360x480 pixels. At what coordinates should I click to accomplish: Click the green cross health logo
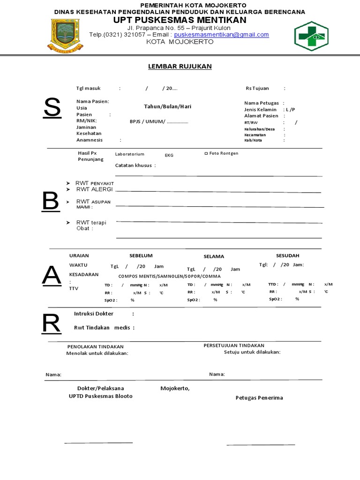coord(312,36)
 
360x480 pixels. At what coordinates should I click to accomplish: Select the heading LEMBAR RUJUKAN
coord(180,67)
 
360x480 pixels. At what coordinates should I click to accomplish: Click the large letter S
coord(52,108)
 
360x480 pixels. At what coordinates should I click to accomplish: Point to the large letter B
coord(50,201)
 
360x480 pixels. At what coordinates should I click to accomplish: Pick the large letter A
coord(51,276)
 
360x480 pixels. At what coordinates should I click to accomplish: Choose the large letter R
coord(51,323)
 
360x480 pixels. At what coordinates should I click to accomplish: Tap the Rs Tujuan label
coord(258,88)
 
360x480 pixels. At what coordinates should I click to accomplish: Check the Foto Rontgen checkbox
coord(206,153)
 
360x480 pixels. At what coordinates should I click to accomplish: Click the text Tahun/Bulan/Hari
coord(167,106)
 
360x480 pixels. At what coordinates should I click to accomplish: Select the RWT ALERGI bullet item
coord(94,189)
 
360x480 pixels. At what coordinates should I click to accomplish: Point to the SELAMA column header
coord(214,256)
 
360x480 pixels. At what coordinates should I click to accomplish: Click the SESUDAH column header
coord(287,255)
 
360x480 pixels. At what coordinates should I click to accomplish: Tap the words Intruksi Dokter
coord(94,314)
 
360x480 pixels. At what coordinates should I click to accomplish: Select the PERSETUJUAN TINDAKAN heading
coord(234,345)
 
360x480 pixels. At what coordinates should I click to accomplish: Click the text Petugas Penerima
coord(259,398)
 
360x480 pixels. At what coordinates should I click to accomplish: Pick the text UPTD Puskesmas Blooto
coord(101,396)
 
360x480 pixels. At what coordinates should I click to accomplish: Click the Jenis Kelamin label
coord(260,109)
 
